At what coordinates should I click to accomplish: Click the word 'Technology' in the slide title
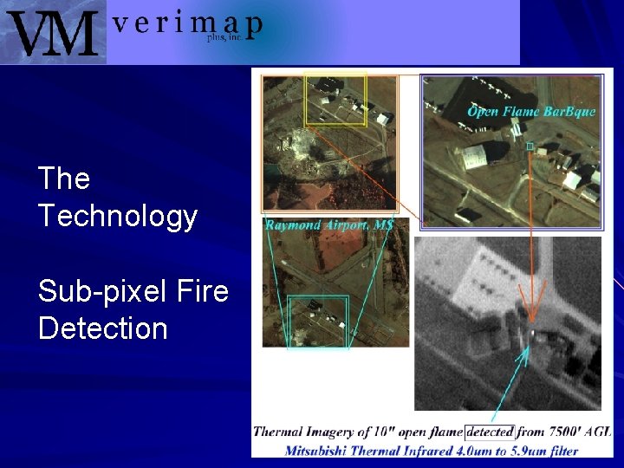click(118, 216)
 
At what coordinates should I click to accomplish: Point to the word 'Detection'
click(102, 328)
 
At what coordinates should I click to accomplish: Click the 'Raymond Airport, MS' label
click(329, 225)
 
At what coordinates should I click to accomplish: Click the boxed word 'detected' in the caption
click(490, 432)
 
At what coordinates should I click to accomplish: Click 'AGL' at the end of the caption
click(597, 432)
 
